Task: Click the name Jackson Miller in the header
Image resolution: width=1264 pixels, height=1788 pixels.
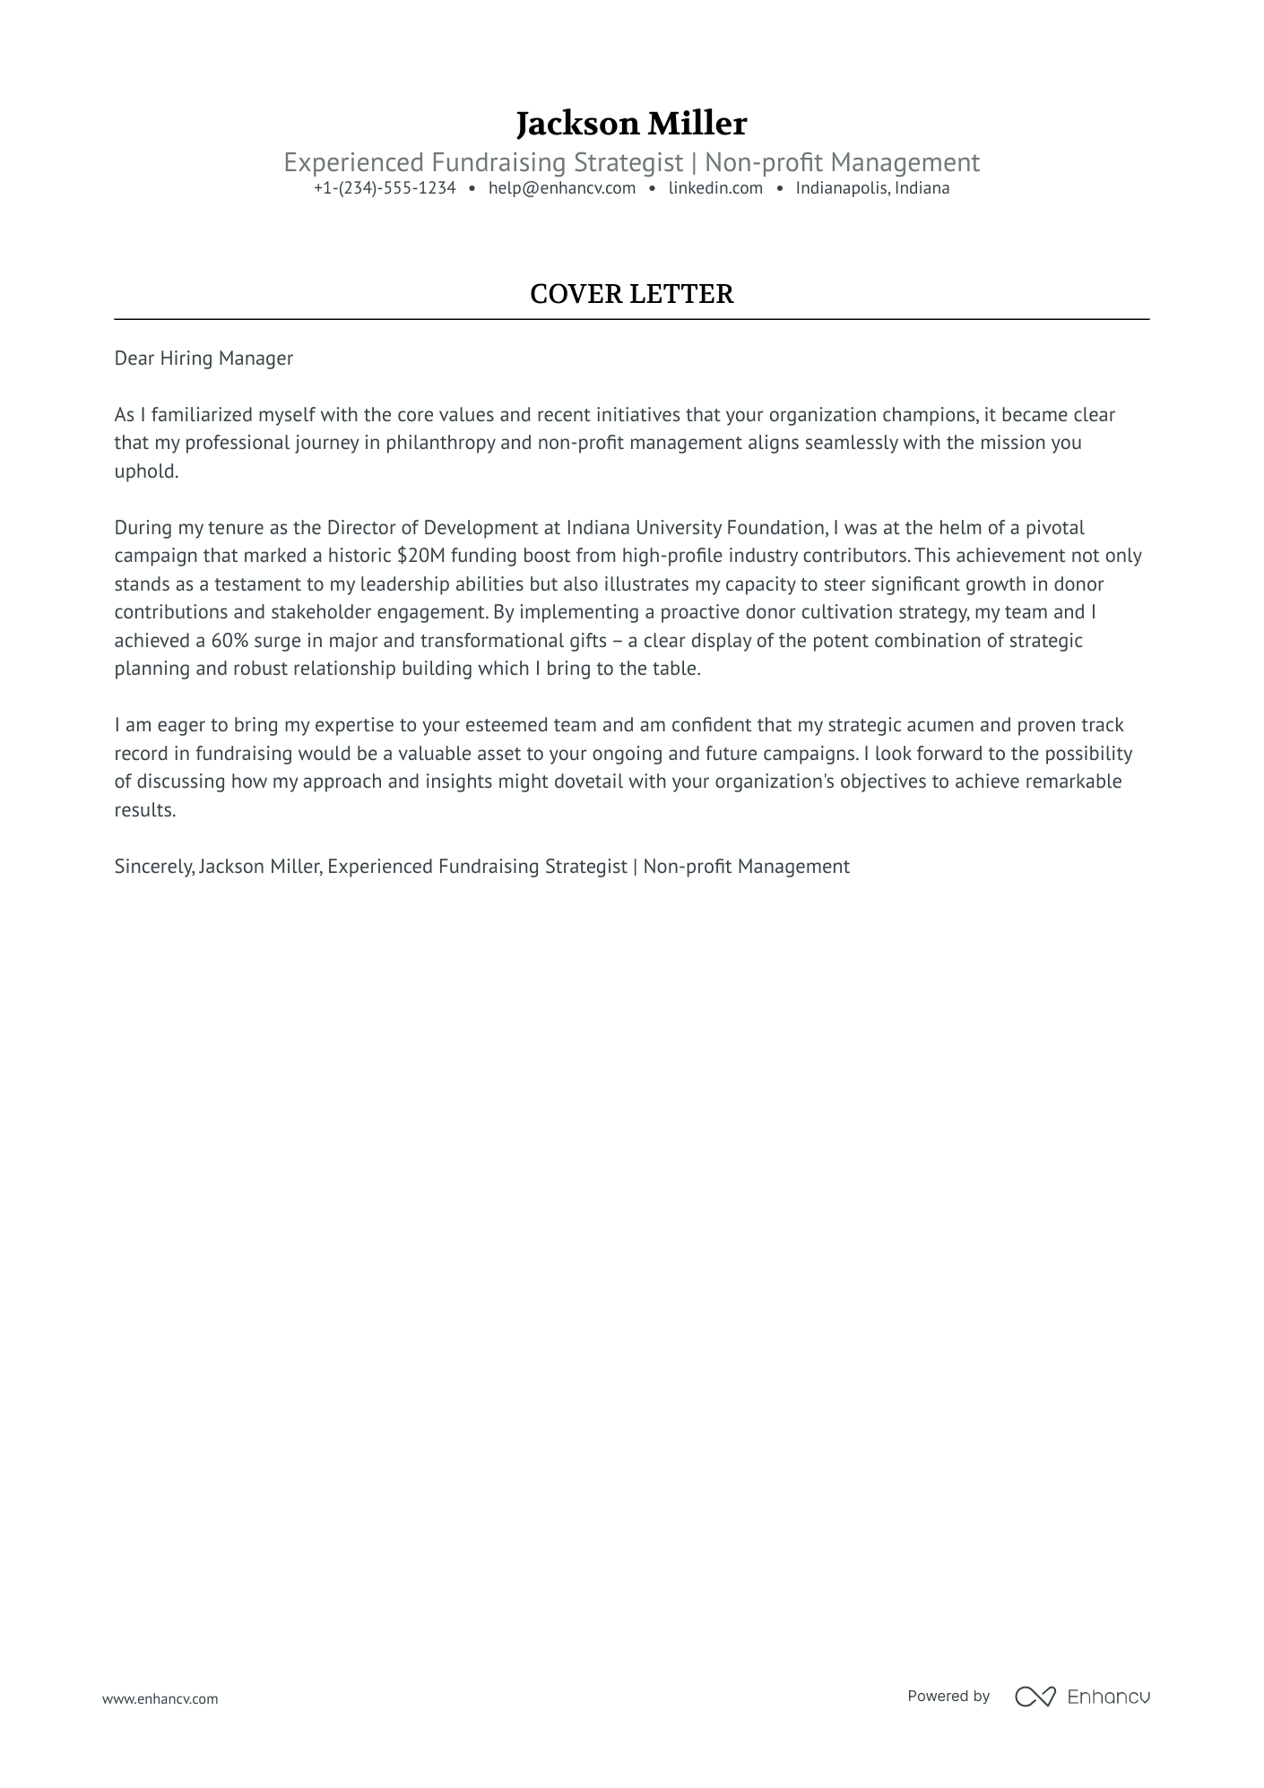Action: tap(631, 124)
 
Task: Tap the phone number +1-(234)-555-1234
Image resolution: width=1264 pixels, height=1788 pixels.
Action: tap(385, 188)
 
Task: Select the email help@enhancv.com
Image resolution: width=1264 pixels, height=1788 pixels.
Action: tap(561, 188)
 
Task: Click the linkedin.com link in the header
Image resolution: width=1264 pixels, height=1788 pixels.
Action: tap(715, 188)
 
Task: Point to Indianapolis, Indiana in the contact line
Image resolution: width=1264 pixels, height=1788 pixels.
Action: tap(872, 188)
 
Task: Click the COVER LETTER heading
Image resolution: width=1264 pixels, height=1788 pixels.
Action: tap(631, 294)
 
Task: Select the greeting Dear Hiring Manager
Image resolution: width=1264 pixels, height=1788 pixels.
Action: tap(203, 358)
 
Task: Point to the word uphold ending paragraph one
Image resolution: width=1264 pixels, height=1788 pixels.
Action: tap(146, 471)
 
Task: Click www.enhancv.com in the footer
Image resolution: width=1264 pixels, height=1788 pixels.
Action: tap(160, 1698)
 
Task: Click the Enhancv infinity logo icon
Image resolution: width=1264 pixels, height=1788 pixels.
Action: tap(1035, 1697)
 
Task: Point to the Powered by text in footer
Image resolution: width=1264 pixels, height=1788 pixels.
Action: tap(948, 1697)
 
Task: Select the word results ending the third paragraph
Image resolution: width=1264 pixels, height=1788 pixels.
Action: tap(145, 810)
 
